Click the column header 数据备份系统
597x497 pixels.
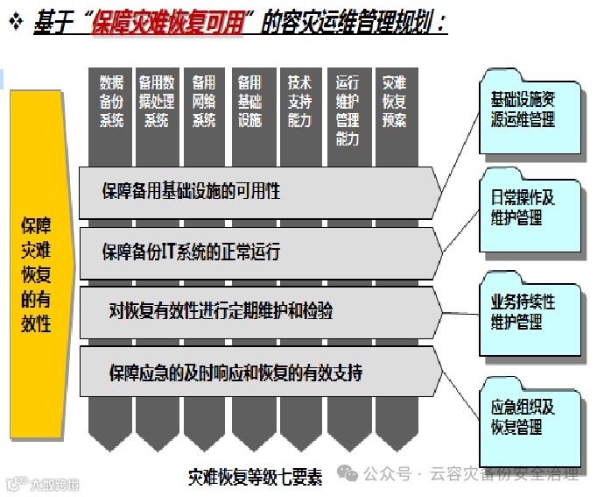coord(111,102)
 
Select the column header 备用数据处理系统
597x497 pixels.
coord(157,102)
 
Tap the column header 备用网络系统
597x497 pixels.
coord(203,102)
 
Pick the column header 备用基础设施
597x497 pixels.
coord(249,102)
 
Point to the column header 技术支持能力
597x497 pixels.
coord(298,102)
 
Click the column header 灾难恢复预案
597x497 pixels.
coord(394,102)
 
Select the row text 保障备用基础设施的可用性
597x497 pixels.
coord(191,190)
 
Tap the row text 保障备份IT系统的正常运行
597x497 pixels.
coord(191,252)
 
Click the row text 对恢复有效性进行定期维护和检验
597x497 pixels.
coord(221,311)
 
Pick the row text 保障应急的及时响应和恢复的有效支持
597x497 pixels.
coord(235,373)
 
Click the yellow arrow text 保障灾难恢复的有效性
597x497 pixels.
coord(36,274)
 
